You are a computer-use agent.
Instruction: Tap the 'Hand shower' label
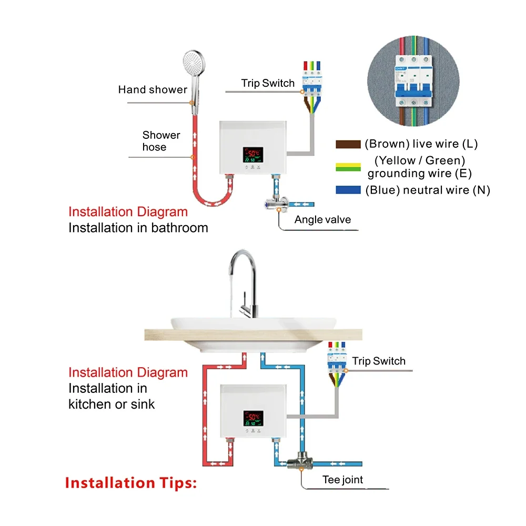pos(153,89)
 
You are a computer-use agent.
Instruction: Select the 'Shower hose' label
pos(161,141)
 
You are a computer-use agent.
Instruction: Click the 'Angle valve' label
pos(322,219)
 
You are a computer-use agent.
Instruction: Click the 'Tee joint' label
pos(342,479)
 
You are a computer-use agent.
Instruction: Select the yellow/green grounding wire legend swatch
pos(348,167)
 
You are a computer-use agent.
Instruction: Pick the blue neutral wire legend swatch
pos(348,190)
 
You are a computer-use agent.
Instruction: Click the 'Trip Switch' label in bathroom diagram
pos(268,83)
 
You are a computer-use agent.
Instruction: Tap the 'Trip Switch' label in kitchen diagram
pos(379,361)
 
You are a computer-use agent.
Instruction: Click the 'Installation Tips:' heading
pos(131,483)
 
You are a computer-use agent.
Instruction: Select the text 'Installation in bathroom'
pos(138,228)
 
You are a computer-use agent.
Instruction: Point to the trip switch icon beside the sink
pos(336,360)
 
